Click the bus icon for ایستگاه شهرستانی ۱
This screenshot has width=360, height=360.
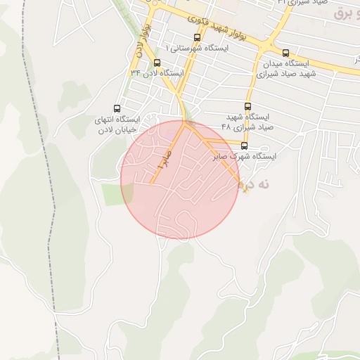195,37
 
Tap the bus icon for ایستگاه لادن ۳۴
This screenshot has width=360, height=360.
156,63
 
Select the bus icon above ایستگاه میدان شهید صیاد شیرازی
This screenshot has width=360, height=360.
285,53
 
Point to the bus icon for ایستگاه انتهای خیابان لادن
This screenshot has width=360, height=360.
116,108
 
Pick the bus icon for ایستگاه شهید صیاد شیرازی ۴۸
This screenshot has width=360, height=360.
247,106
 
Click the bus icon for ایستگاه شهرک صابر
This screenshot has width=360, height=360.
244,146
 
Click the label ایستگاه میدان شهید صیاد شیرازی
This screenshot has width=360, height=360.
286,67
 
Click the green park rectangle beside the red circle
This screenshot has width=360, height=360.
112,194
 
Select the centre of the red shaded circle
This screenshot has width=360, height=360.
179,180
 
